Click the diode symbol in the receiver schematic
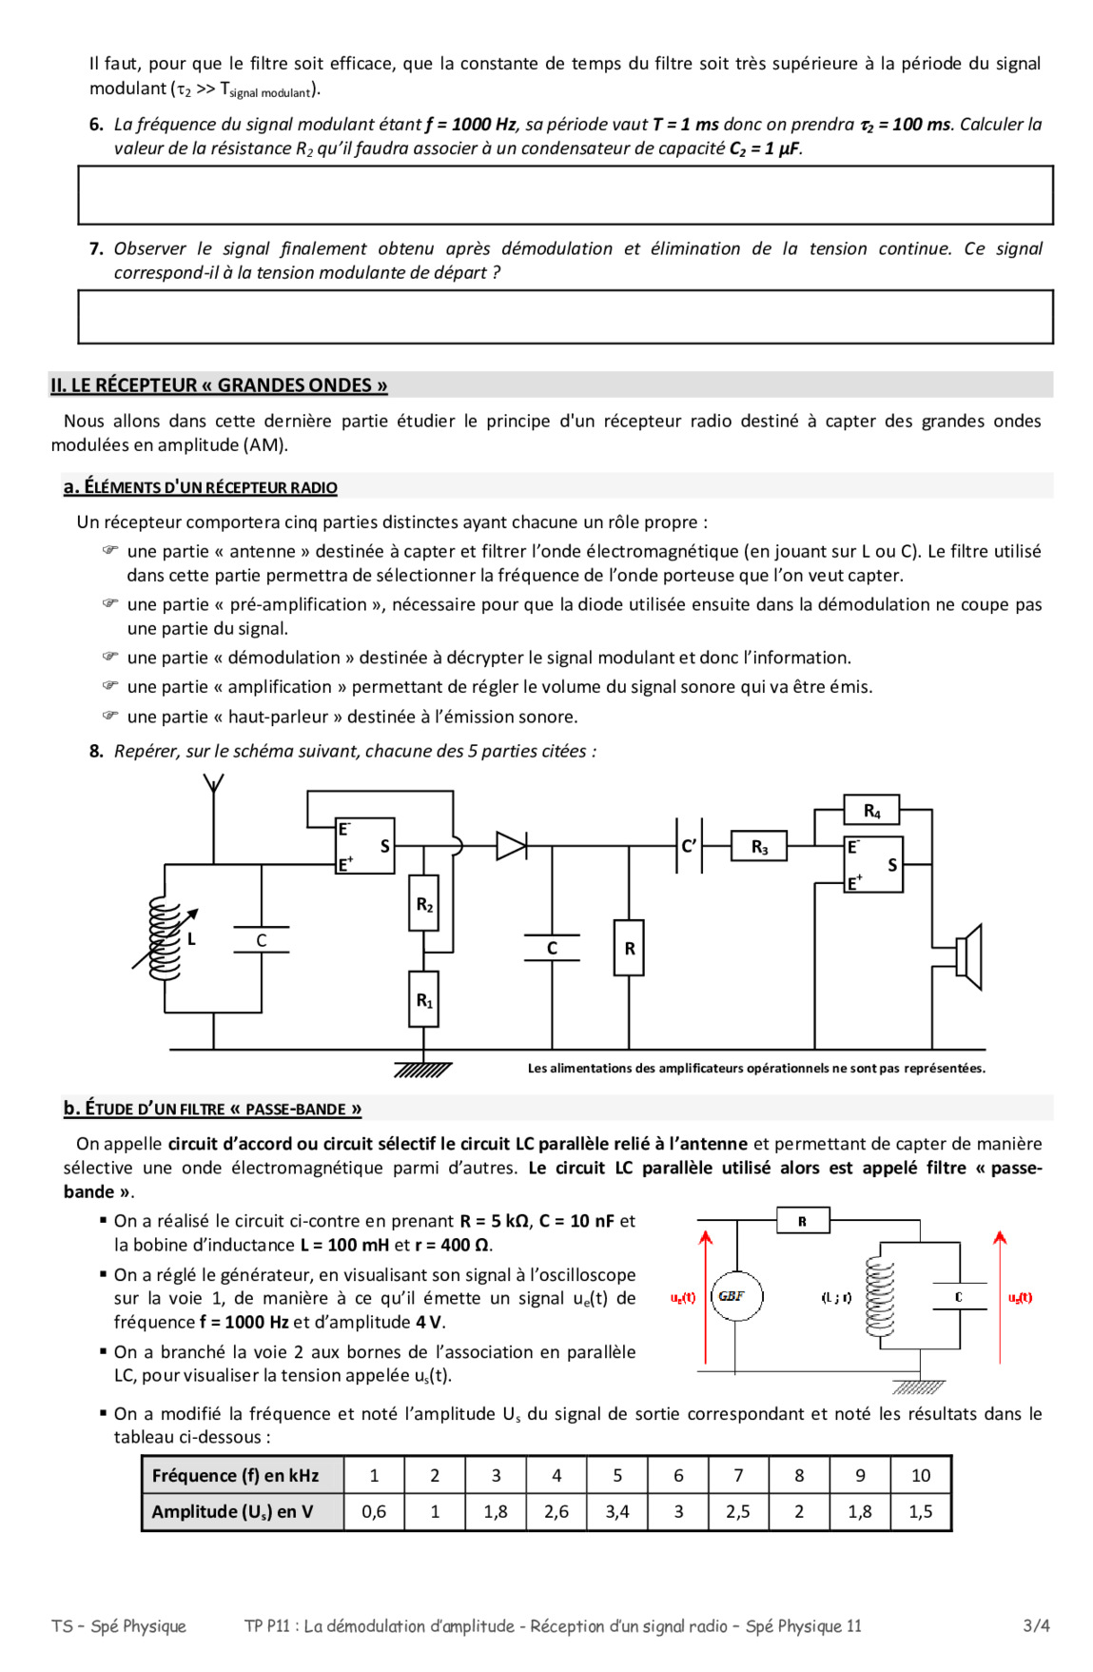(511, 845)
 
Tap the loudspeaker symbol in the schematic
(968, 956)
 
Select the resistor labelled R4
(871, 811)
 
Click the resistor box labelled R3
(758, 846)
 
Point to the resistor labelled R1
(423, 999)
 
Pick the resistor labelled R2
(423, 903)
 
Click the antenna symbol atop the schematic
(214, 786)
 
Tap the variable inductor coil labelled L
(166, 939)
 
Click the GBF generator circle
(736, 1296)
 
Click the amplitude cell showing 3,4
(617, 1511)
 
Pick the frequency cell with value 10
(921, 1475)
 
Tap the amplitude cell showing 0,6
(374, 1511)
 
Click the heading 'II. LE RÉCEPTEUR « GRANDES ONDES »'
(219, 385)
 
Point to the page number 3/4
(1036, 1625)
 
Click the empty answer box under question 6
(565, 195)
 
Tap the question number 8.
(96, 751)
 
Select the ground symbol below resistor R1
(423, 1069)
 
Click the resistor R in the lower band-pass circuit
(802, 1220)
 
